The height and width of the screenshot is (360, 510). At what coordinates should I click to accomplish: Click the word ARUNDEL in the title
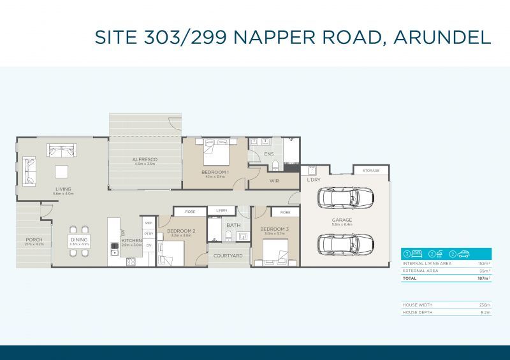pos(442,36)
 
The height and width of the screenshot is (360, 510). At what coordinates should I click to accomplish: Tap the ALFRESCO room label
pos(145,159)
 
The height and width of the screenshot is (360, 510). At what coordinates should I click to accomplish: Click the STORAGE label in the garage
pos(371,171)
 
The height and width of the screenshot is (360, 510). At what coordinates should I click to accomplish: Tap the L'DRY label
pos(313,180)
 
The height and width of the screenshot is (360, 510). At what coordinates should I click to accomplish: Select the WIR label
pos(274,181)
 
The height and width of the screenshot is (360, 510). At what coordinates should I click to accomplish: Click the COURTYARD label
pos(228,256)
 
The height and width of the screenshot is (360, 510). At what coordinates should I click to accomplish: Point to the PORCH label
pos(34,240)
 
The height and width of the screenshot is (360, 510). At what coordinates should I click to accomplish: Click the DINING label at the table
pos(79,240)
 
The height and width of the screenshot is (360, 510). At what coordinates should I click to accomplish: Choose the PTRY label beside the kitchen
pos(149,234)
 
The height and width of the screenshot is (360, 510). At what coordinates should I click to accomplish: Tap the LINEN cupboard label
pos(221,210)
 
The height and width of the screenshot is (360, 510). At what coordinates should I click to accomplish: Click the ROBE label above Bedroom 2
pos(190,211)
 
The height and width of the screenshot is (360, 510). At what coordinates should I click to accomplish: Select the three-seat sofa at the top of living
pos(61,150)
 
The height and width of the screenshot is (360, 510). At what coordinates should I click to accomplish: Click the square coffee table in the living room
pos(62,171)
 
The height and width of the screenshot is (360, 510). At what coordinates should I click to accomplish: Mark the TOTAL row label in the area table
pos(410,278)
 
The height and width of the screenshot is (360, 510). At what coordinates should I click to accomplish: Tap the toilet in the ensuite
pos(275,166)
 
